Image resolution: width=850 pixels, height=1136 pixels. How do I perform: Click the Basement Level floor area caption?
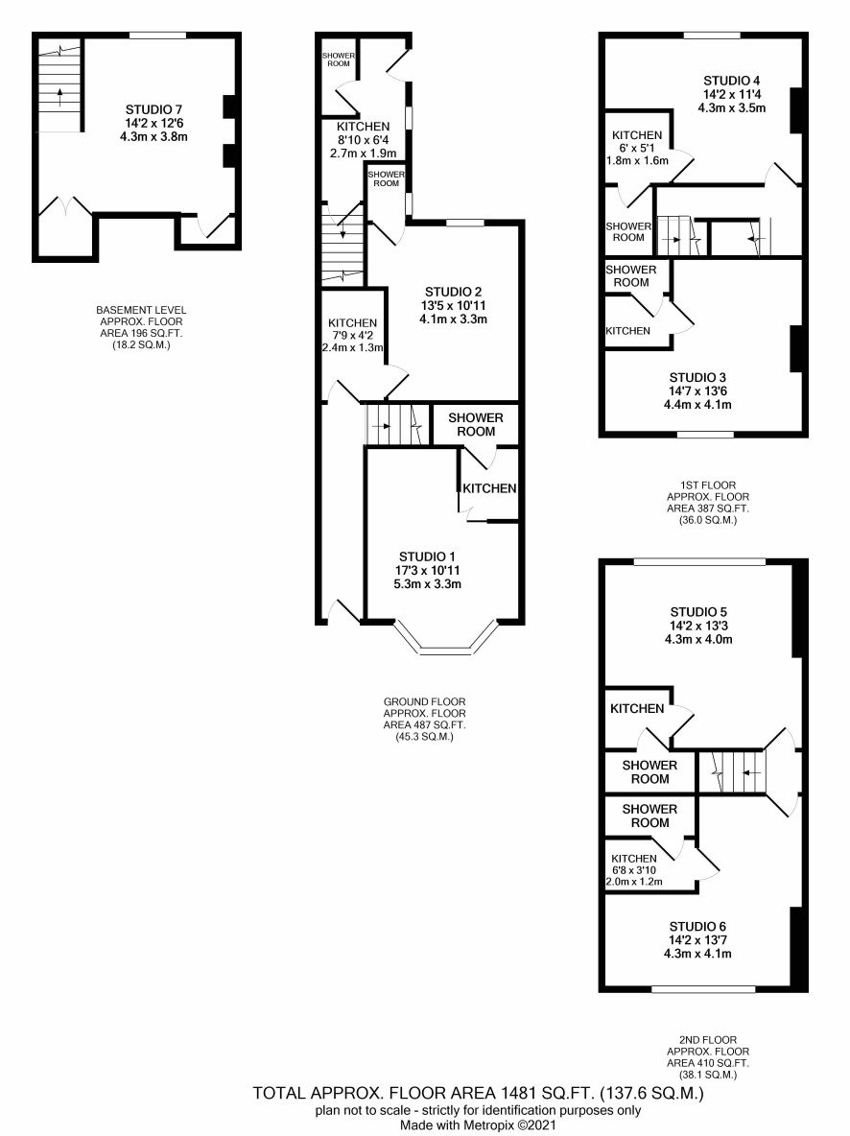click(x=141, y=327)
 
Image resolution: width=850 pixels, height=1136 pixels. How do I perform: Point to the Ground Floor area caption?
click(x=425, y=720)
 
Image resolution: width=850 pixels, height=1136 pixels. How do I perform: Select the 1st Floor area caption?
click(x=708, y=503)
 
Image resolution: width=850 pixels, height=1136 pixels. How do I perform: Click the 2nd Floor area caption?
click(x=708, y=1057)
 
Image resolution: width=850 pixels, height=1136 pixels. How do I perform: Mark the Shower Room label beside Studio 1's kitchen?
click(x=475, y=424)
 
